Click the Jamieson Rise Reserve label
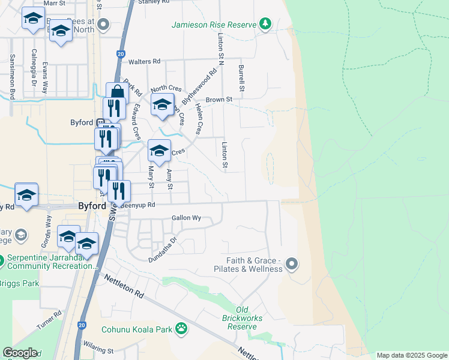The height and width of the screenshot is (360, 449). click(x=214, y=25)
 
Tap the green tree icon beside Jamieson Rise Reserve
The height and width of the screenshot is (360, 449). click(x=265, y=25)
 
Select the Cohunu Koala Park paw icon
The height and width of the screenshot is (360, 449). click(x=181, y=328)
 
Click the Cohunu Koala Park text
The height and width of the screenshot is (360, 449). click(x=136, y=329)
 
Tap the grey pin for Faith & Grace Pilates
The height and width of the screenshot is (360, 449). click(x=292, y=263)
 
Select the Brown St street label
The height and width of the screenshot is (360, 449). click(x=218, y=100)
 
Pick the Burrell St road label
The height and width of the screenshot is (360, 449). click(x=242, y=79)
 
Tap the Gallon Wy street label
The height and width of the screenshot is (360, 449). click(x=186, y=218)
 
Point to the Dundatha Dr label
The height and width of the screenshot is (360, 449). click(x=163, y=250)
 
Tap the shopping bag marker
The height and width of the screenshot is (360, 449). click(x=117, y=93)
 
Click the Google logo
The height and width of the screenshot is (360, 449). click(x=20, y=353)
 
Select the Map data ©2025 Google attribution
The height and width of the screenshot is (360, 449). click(x=412, y=355)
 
